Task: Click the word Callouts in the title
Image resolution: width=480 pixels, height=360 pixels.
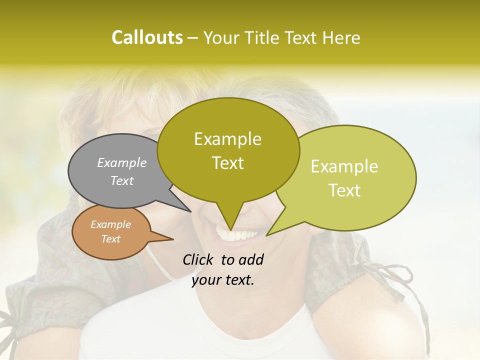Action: (x=147, y=37)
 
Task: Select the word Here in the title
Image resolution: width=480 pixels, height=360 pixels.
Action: (x=340, y=37)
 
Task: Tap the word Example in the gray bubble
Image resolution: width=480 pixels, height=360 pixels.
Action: (x=122, y=162)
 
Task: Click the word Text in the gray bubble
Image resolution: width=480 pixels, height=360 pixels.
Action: (x=122, y=180)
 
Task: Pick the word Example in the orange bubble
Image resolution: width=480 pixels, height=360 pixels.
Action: (x=110, y=224)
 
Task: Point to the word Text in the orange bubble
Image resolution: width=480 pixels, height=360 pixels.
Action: (x=110, y=239)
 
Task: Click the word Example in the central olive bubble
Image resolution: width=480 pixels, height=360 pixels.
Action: (x=227, y=139)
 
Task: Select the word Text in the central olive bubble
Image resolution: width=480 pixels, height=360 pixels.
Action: (x=227, y=163)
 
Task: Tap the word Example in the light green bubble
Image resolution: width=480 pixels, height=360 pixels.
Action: (x=344, y=166)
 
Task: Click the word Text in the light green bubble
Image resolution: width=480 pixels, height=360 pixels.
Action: (x=344, y=190)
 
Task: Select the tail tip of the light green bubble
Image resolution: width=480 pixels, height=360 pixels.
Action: (x=267, y=235)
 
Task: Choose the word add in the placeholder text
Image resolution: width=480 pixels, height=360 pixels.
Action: (x=251, y=259)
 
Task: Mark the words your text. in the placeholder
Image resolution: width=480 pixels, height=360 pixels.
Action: (x=223, y=280)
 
